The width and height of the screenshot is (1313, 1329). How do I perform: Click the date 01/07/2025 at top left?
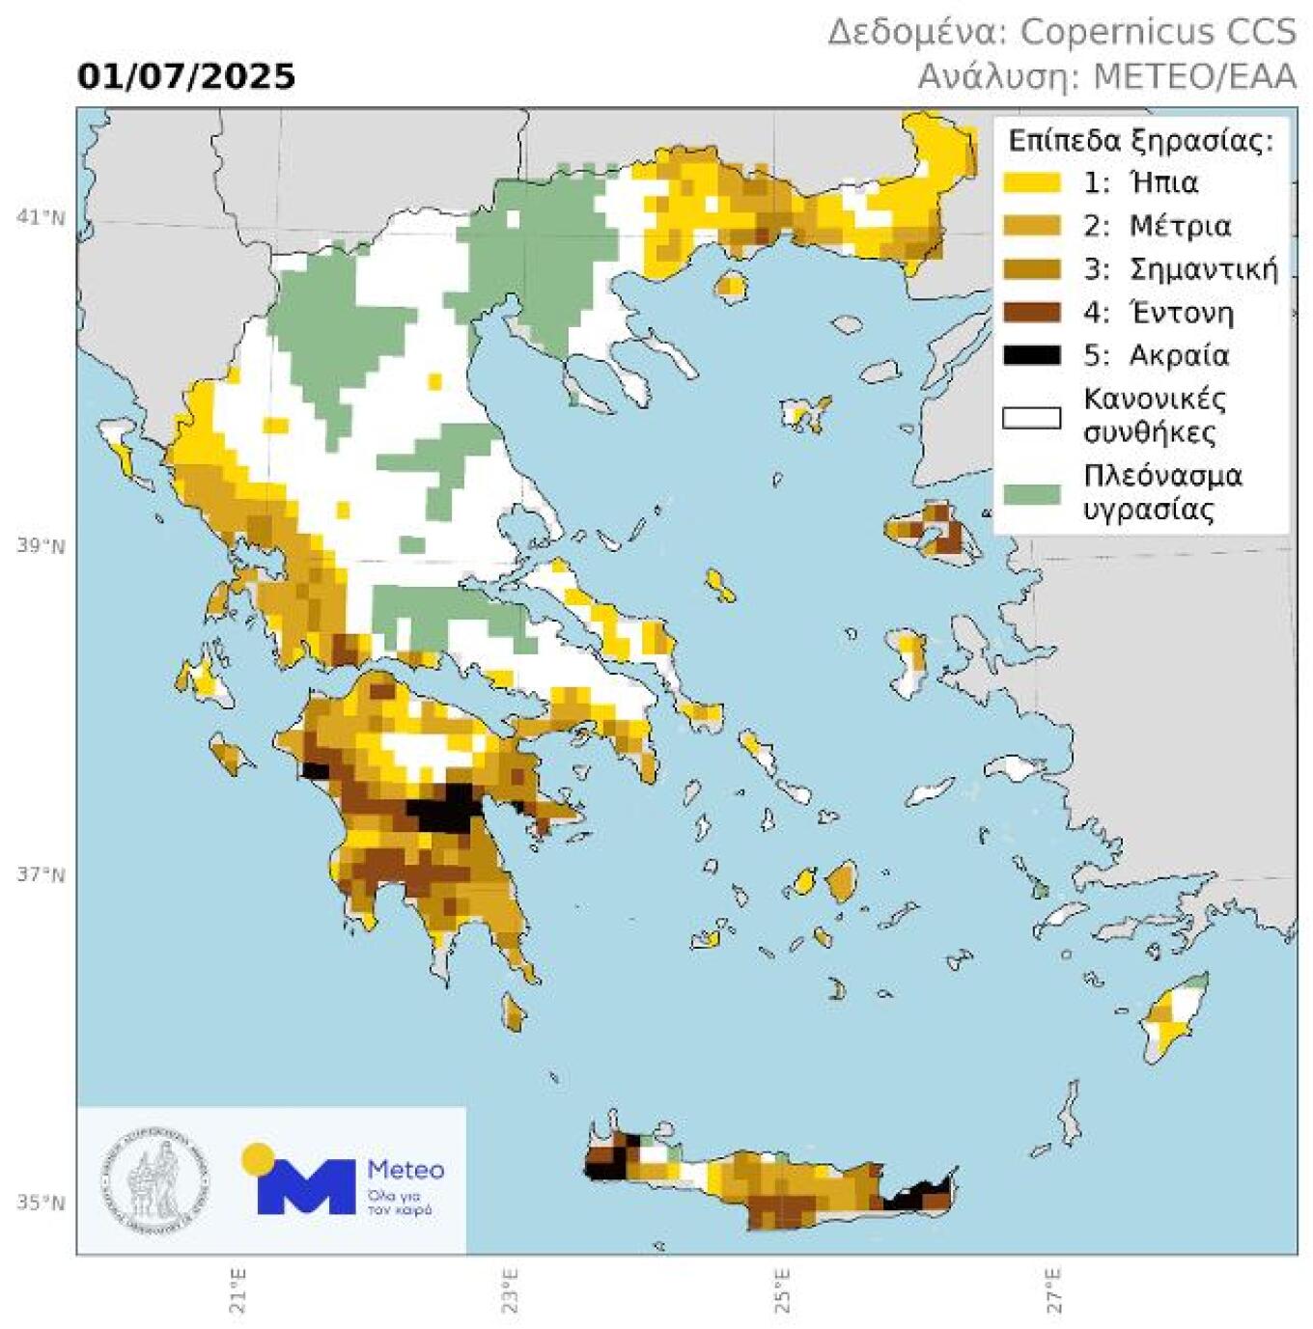pos(186,76)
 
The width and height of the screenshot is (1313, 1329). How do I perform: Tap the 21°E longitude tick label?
pos(237,1289)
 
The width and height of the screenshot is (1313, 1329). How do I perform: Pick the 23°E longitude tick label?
pos(510,1289)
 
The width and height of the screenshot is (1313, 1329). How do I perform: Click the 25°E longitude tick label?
pos(782,1289)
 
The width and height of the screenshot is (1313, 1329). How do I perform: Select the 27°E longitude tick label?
pos(1053,1289)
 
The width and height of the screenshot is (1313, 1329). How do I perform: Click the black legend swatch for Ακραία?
pos(1031,355)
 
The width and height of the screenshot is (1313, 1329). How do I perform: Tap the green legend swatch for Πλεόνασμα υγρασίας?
pos(1031,493)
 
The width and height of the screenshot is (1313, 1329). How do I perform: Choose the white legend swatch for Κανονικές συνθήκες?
pos(1031,418)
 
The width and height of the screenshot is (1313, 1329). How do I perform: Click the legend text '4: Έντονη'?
pos(1158,313)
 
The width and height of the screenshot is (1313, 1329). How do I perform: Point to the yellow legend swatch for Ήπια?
pos(1031,182)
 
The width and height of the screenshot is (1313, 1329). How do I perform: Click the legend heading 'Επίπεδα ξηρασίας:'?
pos(1140,141)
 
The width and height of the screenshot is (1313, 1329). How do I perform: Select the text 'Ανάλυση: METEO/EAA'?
pos(1106,76)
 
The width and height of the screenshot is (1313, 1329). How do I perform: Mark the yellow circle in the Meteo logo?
pos(257,1156)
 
